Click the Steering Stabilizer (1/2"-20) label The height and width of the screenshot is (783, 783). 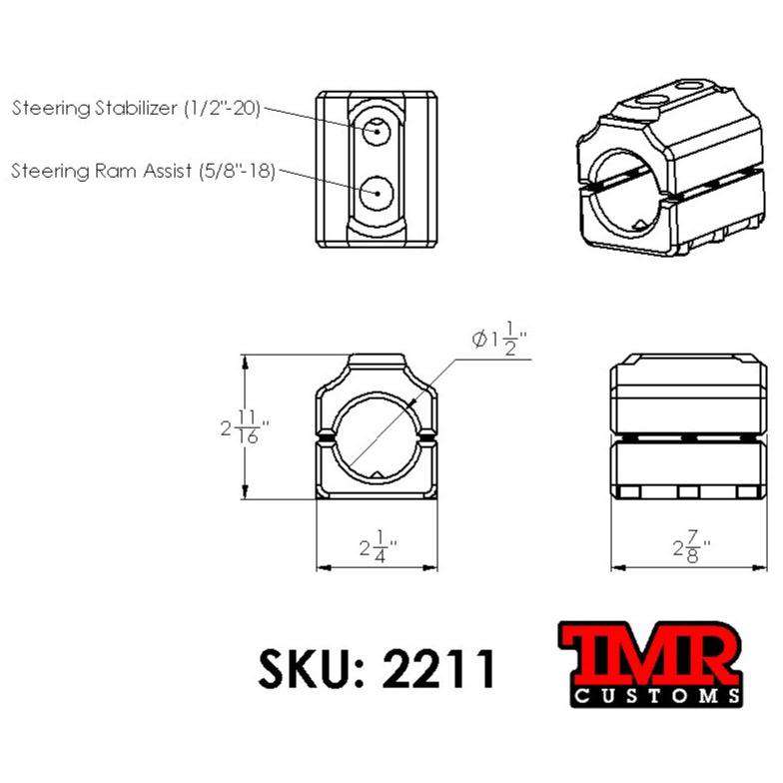pos(136,108)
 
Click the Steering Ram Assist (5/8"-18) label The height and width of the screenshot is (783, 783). pos(142,171)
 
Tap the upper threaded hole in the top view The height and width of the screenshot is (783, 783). pos(377,129)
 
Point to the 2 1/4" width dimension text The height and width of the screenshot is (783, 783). pos(378,547)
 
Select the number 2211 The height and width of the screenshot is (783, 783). pos(439,668)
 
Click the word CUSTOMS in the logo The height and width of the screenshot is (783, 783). pos(655,695)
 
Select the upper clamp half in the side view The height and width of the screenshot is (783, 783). pos(688,394)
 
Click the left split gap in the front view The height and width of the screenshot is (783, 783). pos(325,437)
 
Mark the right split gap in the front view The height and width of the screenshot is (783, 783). pos(429,437)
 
